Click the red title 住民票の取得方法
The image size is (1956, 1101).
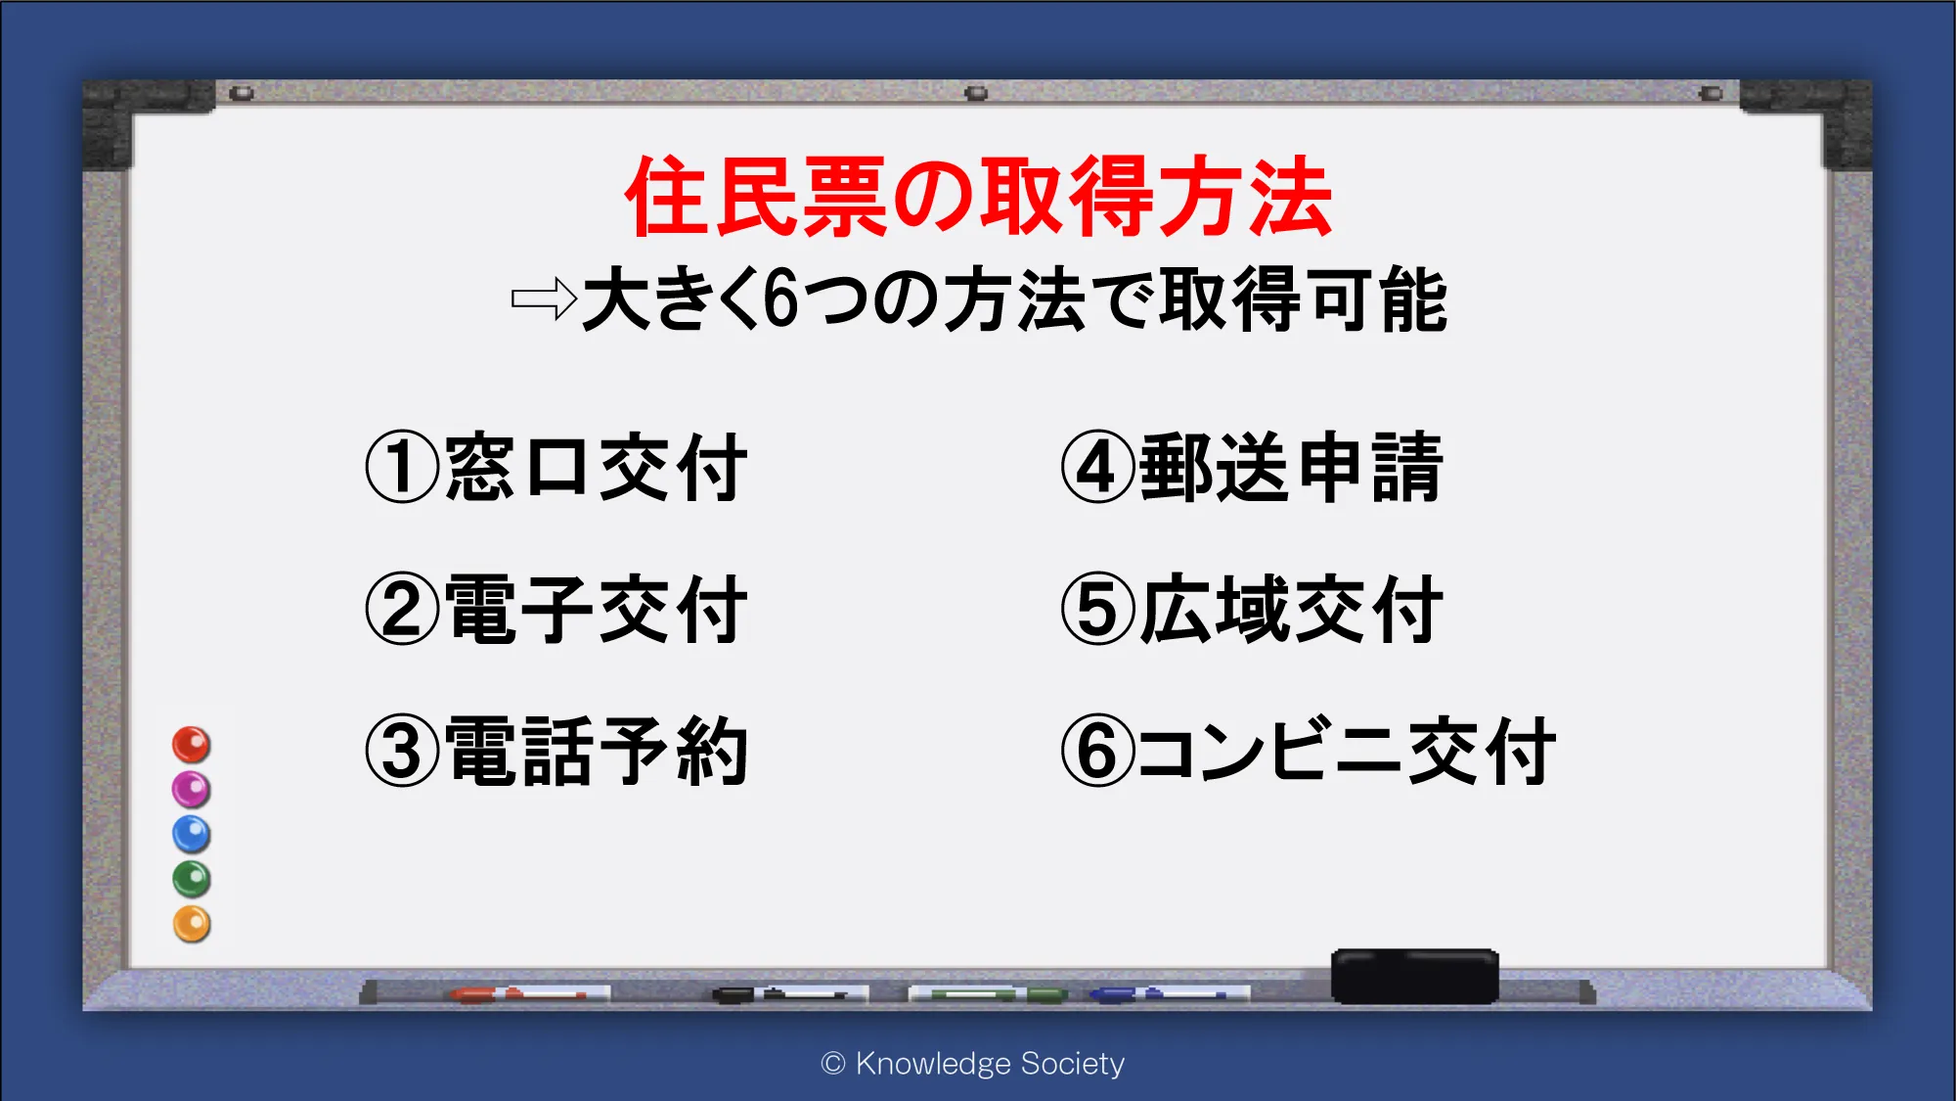pos(978,197)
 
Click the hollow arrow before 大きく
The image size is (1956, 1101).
pos(544,298)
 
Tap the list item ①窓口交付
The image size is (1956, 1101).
pos(556,467)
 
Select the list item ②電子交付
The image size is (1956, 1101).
pos(556,609)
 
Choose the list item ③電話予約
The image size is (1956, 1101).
pos(556,751)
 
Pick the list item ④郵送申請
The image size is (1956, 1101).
pos(1252,467)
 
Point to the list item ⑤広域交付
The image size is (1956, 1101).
pos(1252,609)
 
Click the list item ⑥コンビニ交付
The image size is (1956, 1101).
pos(1309,751)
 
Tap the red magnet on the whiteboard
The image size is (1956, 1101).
pos(192,745)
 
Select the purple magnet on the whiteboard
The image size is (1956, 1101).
pos(192,789)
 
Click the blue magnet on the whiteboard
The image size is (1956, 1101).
pos(192,834)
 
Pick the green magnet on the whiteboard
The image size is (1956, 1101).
pos(192,879)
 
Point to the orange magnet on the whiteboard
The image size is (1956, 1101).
pos(192,924)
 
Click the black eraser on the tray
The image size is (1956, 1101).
pos(1414,976)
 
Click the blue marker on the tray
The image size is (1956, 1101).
pos(1169,994)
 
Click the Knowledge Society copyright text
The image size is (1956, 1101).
pos(973,1064)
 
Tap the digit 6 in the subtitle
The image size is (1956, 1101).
pos(780,299)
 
